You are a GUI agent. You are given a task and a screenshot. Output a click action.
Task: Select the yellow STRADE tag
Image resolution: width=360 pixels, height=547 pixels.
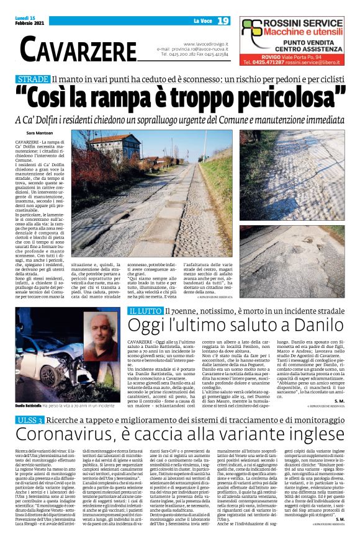click(33, 80)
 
